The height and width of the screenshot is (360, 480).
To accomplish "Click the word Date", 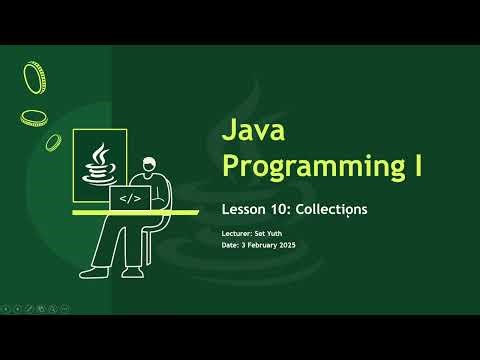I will (x=230, y=245).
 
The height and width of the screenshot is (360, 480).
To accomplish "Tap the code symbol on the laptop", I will (x=130, y=199).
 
